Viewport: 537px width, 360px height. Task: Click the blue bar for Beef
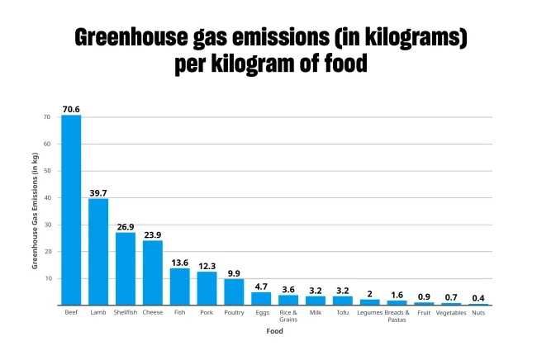coord(71,210)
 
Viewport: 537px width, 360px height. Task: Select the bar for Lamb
coord(98,252)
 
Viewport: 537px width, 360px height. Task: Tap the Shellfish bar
coord(126,268)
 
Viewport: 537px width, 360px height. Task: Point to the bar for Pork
coord(207,288)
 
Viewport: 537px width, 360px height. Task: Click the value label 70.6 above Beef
coord(71,109)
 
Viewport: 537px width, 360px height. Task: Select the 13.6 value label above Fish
coord(180,263)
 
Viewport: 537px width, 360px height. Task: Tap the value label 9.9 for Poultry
coord(234,273)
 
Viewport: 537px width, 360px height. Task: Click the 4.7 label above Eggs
coord(261,287)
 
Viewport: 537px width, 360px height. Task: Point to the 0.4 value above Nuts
coord(478,298)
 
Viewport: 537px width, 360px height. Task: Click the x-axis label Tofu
coord(343,313)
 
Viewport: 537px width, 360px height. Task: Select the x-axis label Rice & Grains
coord(288,316)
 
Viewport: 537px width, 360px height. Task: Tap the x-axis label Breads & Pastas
coord(397,316)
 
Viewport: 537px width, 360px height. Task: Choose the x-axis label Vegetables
coord(451,313)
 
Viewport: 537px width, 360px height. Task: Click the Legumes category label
coord(369,313)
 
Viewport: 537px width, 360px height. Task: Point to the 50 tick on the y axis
coord(46,171)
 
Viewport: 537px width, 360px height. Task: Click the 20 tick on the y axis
coord(46,252)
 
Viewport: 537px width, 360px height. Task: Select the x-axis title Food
coord(274,331)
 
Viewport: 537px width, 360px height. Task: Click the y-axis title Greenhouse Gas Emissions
coord(35,211)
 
